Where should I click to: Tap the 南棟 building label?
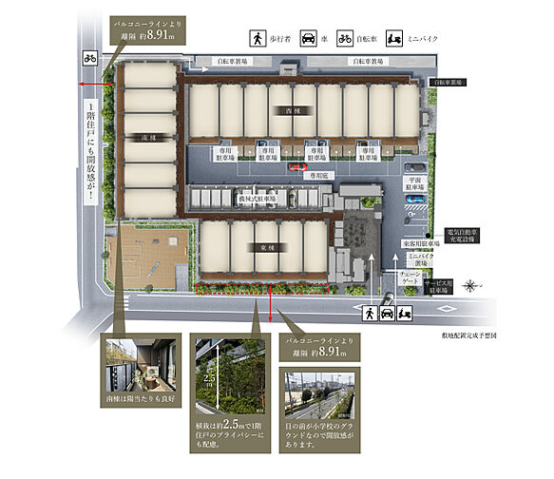140,138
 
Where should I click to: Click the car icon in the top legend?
309,39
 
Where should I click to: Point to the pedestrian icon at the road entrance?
368,311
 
